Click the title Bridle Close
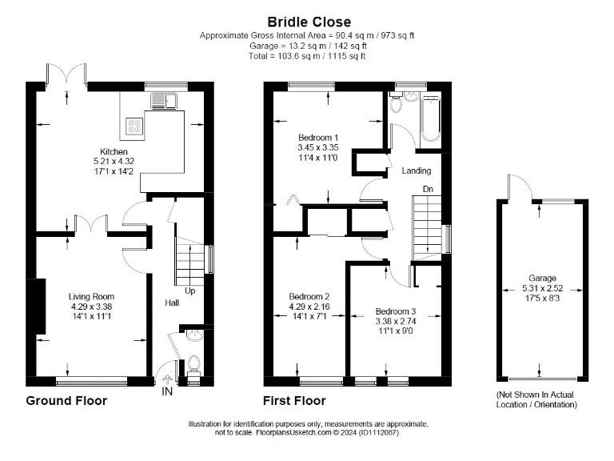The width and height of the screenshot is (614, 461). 309,22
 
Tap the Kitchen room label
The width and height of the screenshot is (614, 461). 113,151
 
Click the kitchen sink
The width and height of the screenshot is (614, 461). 165,100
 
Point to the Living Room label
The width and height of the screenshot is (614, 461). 90,296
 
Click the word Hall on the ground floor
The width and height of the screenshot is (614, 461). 172,303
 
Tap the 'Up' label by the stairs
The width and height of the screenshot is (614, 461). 190,291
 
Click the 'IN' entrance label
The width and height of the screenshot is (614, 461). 167,392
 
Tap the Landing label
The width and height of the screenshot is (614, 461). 416,170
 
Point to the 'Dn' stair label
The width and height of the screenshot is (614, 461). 429,190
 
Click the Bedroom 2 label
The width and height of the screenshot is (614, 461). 309,296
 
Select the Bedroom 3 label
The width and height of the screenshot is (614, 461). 395,311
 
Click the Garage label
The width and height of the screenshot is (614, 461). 542,279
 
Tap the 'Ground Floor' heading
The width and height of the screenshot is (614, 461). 66,400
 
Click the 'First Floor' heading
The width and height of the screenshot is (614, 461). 294,400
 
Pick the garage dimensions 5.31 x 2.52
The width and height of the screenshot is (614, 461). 542,288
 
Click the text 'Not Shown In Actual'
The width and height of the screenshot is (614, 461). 536,395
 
